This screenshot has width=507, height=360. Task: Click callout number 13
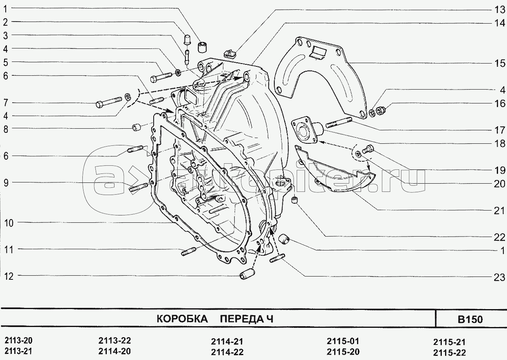[x=499, y=10]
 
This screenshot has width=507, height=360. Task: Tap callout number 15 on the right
[x=499, y=63]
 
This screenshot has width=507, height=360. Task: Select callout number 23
[x=499, y=277]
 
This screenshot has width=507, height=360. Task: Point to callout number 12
[x=9, y=276]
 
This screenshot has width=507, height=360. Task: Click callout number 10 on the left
[x=9, y=223]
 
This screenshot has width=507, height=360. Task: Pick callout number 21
[x=499, y=211]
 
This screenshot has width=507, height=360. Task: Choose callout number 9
[x=6, y=183]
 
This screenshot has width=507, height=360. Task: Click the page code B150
[x=470, y=319]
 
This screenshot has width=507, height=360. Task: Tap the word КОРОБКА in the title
[x=182, y=319]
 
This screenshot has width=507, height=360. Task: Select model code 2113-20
[x=19, y=340]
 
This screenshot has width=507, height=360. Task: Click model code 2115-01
[x=343, y=341]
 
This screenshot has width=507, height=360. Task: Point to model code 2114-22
[x=227, y=352]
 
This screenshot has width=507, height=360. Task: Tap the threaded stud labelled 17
[x=339, y=122]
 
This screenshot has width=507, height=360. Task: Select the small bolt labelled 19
[x=368, y=149]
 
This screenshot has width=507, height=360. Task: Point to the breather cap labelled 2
[x=187, y=40]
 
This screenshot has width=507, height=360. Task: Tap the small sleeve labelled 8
[x=136, y=127]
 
